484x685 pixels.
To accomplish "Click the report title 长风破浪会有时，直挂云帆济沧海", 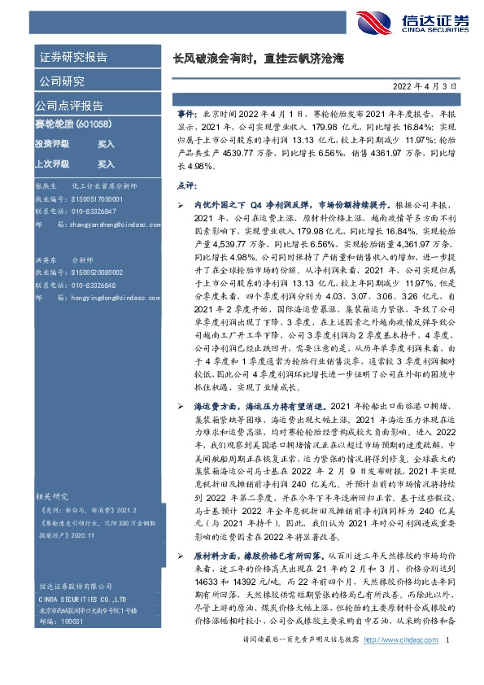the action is (259, 59).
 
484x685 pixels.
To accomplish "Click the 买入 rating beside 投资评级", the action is (107, 143).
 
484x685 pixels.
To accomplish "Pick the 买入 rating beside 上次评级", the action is (107, 164).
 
